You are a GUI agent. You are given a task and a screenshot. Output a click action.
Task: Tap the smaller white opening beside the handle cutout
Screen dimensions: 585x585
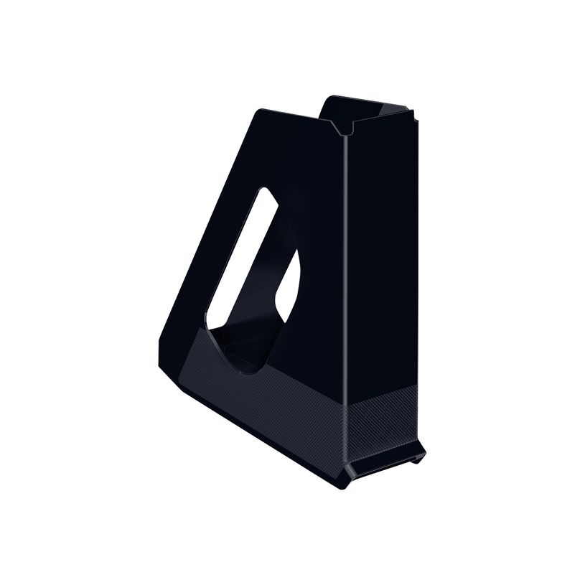288,286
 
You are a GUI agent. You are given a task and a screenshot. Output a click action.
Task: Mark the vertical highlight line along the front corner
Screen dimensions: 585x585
345,287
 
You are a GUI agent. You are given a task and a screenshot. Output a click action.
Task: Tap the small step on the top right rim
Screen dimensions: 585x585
411,112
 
